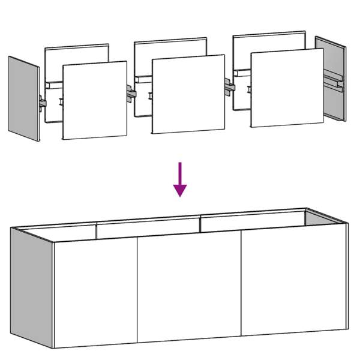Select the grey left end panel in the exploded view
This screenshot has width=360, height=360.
23,99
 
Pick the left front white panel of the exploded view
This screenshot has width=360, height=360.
95,100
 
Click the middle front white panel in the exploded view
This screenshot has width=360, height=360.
188,94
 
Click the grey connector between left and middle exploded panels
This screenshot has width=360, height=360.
131,92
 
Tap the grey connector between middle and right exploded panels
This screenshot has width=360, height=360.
229,86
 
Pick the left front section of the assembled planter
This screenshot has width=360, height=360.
95,294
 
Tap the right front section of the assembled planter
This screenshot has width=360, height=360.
293,282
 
